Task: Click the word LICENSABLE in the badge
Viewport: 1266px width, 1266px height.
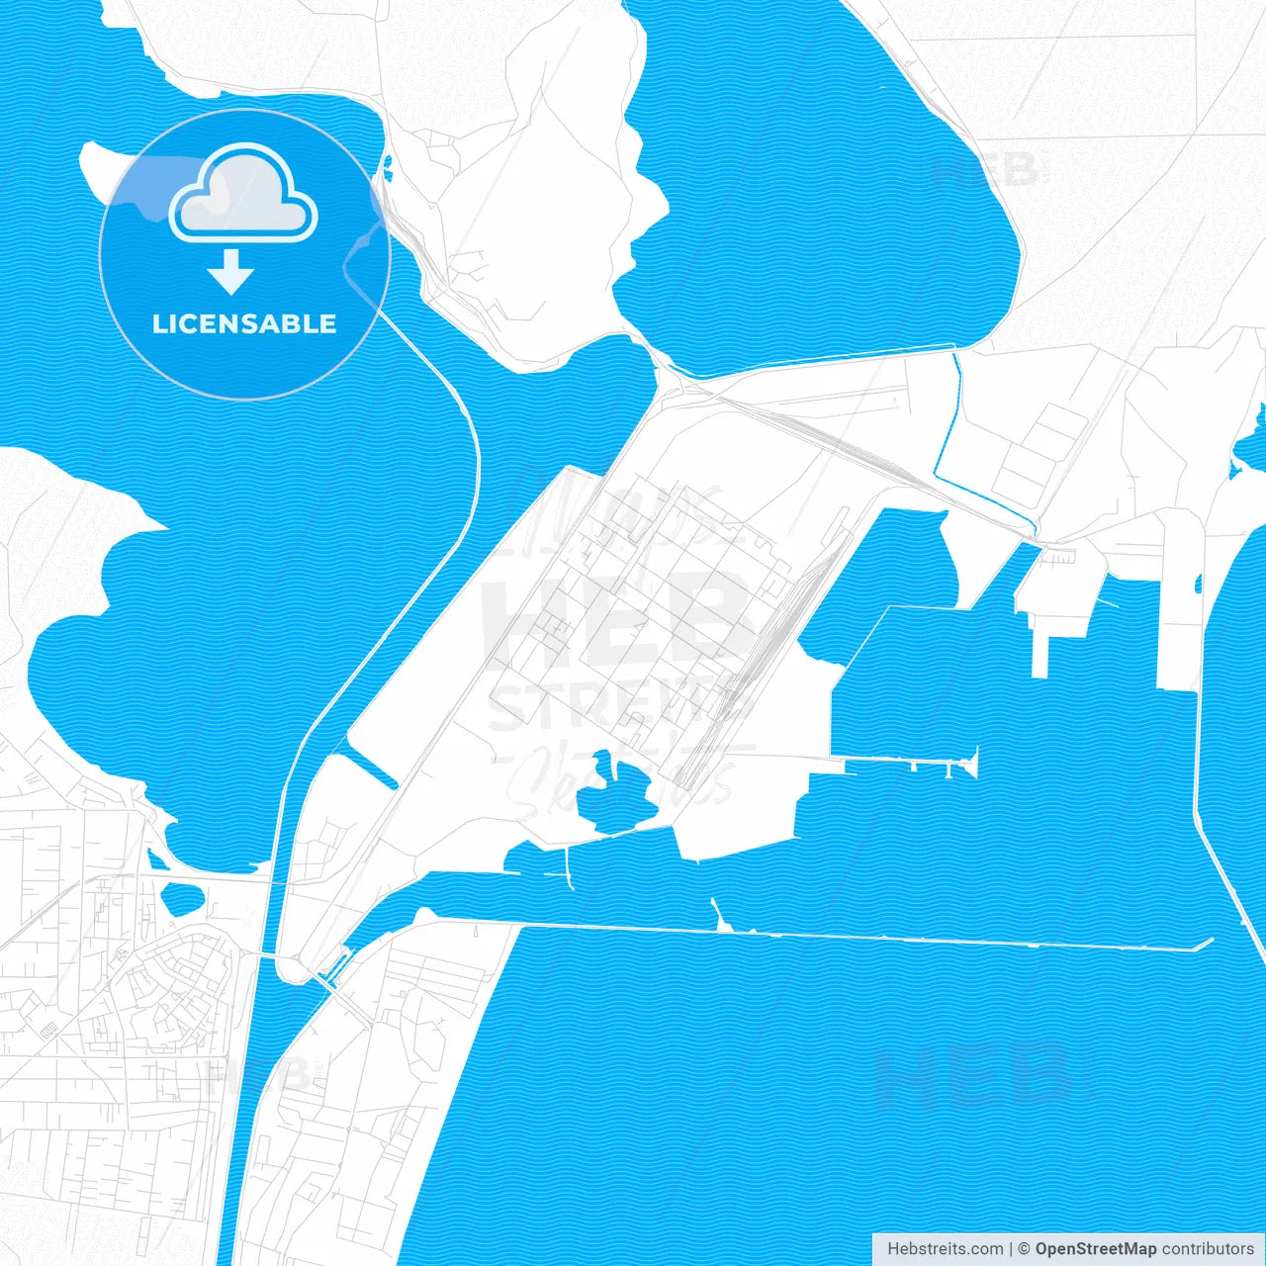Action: click(x=244, y=324)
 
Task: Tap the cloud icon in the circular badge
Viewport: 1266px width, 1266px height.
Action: click(x=243, y=193)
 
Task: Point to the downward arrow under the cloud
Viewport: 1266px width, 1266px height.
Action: click(x=231, y=272)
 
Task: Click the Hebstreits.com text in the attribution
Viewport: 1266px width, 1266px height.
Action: click(x=945, y=1249)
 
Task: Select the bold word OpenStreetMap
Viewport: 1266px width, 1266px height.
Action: click(x=1095, y=1249)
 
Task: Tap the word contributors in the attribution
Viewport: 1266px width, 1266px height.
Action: click(x=1208, y=1249)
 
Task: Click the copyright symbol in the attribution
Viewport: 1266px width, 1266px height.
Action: click(x=1025, y=1249)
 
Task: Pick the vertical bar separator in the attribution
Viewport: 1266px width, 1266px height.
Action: click(x=1011, y=1249)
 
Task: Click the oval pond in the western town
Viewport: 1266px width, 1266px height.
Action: click(x=182, y=898)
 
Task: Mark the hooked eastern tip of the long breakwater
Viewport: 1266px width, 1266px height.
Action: click(x=1207, y=944)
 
